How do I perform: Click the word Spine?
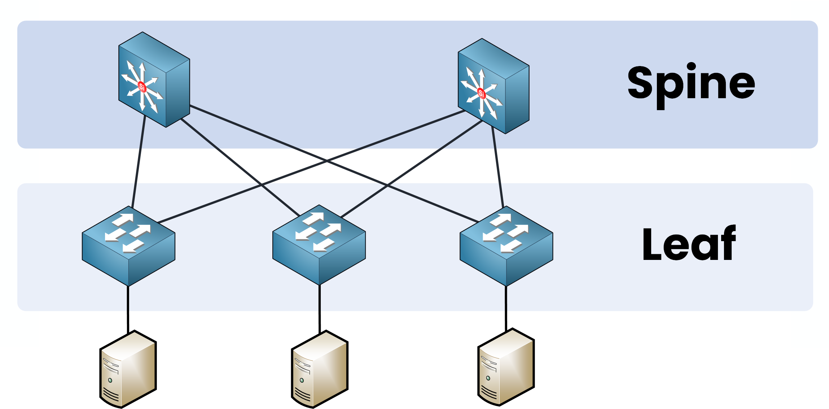(x=691, y=84)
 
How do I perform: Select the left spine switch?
(x=154, y=80)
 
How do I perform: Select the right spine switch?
(x=493, y=86)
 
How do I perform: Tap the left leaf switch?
(x=128, y=245)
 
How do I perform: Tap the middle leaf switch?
(x=319, y=244)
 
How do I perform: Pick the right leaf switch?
(x=506, y=245)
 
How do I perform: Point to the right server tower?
(x=506, y=367)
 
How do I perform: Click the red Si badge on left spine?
(x=142, y=87)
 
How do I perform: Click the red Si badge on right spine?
(x=481, y=93)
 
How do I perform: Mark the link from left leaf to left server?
(x=128, y=309)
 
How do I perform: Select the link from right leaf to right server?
(x=506, y=308)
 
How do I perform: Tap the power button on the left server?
(x=110, y=380)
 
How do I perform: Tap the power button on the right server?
(x=488, y=378)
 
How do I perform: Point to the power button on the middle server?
(x=302, y=380)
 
